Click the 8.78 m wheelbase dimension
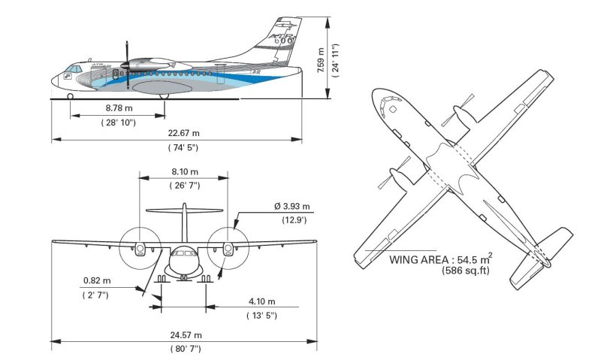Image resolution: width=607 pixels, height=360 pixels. tap(119, 108)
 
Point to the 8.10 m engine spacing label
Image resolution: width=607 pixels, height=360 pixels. tap(184, 171)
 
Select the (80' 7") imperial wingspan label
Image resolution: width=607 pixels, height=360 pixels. tap(183, 349)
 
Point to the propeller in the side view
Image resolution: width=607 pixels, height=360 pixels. tap(128, 68)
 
